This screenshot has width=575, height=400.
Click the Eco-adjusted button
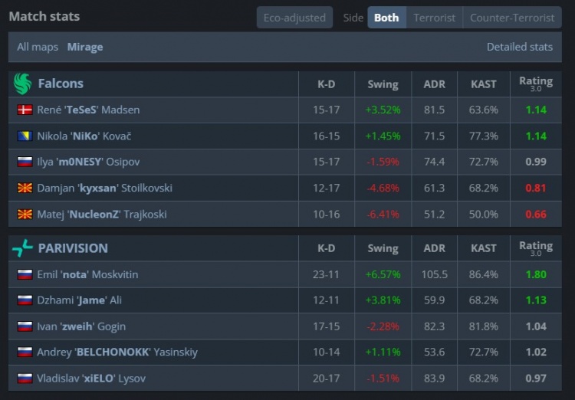tap(294, 18)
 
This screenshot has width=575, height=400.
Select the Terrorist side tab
tap(434, 18)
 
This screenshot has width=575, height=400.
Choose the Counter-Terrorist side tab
tap(512, 18)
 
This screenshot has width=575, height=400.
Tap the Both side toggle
tap(386, 18)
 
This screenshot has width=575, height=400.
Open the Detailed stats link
tap(519, 47)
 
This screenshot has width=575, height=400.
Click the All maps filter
tap(38, 47)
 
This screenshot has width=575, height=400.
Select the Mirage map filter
tap(85, 47)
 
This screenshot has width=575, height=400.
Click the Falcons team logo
tap(22, 84)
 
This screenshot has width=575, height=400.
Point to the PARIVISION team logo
tap(22, 248)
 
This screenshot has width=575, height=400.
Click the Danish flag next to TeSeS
tap(25, 110)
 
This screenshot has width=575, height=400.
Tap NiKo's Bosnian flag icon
tap(25, 136)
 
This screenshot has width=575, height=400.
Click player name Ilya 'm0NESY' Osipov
tap(88, 162)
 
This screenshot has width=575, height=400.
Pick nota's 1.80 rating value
tap(536, 274)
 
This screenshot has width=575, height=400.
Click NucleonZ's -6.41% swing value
tap(383, 214)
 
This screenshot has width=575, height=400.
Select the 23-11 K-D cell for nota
tap(326, 274)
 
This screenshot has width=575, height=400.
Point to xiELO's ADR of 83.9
tap(434, 379)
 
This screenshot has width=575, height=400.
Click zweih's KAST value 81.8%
tap(483, 326)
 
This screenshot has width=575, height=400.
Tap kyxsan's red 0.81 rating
tap(536, 188)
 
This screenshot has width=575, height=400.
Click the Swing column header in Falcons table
tap(383, 84)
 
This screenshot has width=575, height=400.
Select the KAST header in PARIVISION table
tap(483, 248)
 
